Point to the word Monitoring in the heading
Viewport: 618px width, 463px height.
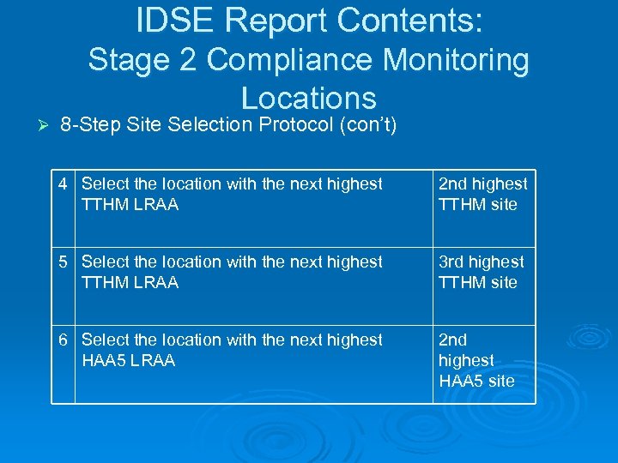click(457, 60)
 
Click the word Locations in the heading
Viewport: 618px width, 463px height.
click(309, 98)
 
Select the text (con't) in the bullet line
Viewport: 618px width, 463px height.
click(367, 125)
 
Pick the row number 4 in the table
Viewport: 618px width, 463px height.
click(64, 183)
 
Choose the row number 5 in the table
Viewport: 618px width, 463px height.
click(64, 262)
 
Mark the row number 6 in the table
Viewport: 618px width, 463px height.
click(64, 340)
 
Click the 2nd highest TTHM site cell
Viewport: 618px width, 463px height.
click(482, 194)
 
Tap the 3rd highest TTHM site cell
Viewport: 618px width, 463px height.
click(481, 272)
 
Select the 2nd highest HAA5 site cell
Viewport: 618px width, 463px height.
click(476, 360)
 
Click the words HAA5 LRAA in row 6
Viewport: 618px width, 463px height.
click(128, 360)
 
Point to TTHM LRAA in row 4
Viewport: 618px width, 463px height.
click(130, 204)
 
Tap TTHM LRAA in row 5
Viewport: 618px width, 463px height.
click(130, 282)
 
